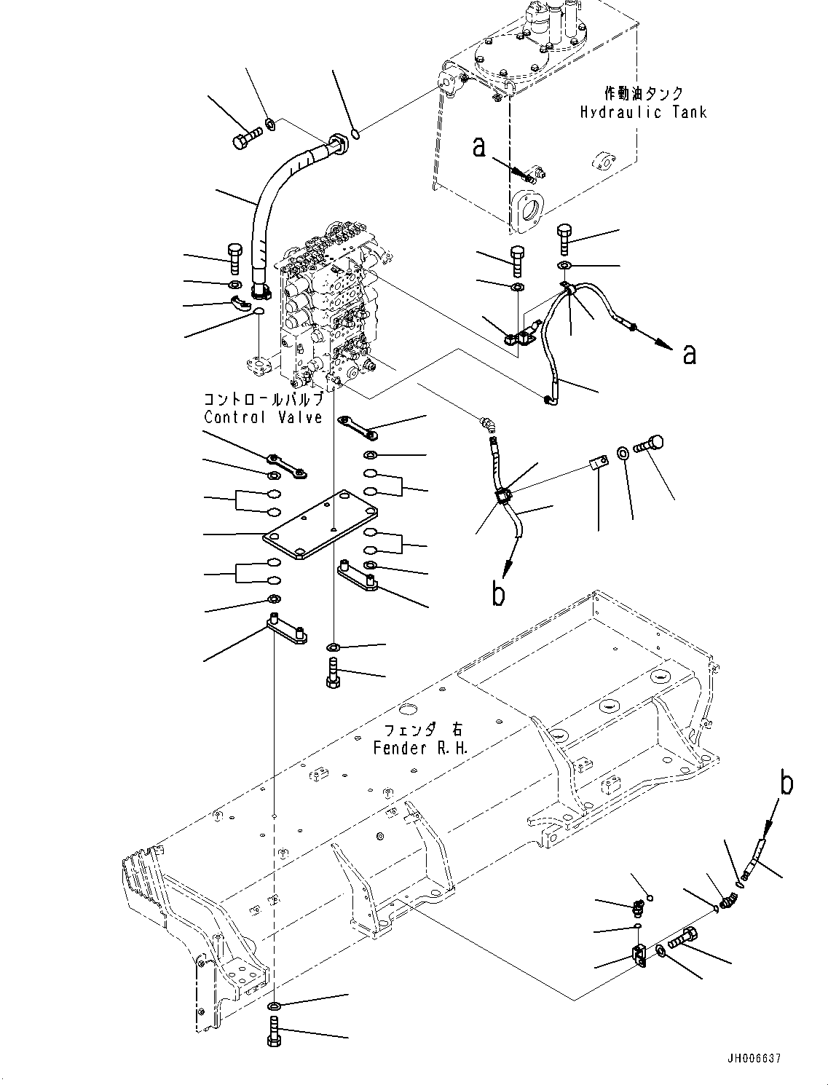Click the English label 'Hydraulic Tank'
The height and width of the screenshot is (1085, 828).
(643, 112)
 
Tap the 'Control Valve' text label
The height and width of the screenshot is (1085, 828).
(263, 417)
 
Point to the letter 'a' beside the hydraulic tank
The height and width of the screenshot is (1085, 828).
(478, 147)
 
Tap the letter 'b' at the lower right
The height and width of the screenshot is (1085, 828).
(786, 784)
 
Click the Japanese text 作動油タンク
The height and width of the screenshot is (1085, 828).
(644, 93)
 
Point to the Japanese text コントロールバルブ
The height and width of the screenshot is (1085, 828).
(263, 400)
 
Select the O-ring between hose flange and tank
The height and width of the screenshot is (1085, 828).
(355, 133)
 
